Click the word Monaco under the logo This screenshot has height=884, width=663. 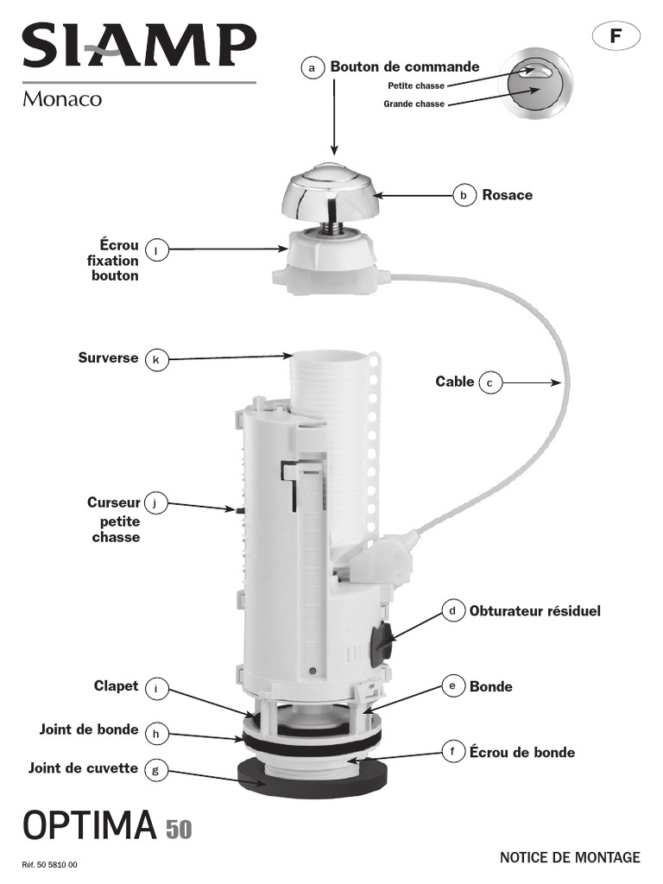62,99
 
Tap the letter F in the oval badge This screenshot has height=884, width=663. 616,36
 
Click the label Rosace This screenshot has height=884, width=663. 507,195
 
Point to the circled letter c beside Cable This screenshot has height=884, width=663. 489,382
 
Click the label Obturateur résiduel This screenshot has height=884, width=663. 534,611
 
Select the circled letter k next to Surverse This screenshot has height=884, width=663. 155,359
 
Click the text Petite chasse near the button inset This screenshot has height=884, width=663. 415,85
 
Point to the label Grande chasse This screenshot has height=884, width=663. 414,104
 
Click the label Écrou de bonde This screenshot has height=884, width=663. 521,753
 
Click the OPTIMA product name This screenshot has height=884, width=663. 89,826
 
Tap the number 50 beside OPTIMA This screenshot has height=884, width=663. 179,830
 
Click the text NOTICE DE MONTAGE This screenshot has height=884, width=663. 570,857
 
